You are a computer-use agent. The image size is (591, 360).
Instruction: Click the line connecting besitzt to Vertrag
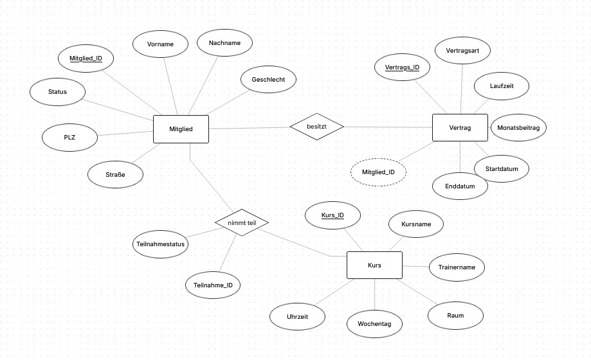click(388, 127)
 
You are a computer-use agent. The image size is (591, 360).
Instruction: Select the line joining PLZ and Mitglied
click(125, 134)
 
